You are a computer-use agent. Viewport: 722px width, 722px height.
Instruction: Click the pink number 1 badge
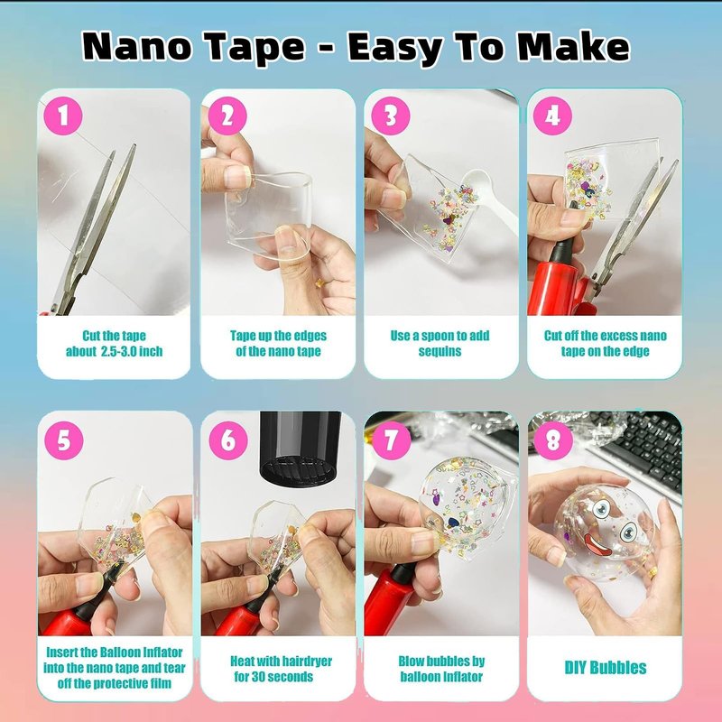[x=63, y=116]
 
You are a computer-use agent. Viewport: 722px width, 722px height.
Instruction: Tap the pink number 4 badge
[x=552, y=116]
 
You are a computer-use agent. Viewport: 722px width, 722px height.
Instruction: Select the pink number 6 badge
[x=228, y=440]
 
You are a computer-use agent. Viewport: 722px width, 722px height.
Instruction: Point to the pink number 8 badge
[x=553, y=440]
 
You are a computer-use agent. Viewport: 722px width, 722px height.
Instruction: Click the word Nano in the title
[x=137, y=47]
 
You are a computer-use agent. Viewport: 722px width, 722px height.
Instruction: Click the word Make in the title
[x=573, y=46]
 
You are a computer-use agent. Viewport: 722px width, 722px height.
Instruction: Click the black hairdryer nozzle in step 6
[x=301, y=448]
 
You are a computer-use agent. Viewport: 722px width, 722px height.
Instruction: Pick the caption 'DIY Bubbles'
[x=606, y=668]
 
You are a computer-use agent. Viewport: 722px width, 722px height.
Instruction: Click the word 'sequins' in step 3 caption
[x=440, y=351]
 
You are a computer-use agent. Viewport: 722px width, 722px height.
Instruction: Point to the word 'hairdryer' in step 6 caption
[x=302, y=662]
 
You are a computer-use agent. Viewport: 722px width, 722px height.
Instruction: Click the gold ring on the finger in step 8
[x=653, y=572]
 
